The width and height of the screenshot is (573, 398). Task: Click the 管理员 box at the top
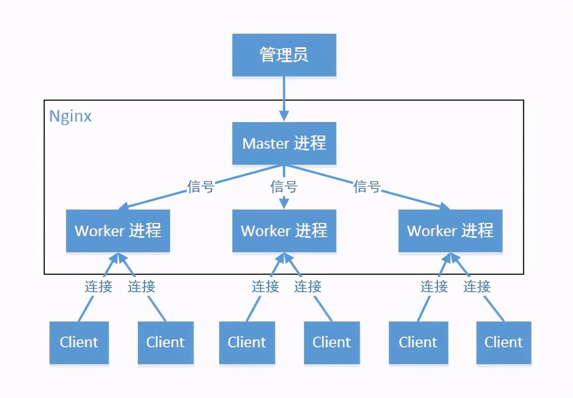tap(284, 55)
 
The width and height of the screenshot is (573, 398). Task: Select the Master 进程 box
tap(284, 143)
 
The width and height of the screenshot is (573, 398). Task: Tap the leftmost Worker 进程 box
tap(118, 230)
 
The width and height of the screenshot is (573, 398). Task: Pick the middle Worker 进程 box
tap(284, 230)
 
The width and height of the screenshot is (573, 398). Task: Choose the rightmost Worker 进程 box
tap(450, 230)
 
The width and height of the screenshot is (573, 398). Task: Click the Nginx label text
tap(70, 116)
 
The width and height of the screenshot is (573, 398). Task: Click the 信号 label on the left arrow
tap(200, 187)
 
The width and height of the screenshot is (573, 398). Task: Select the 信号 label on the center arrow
tap(284, 187)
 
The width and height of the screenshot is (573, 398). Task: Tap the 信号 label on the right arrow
tap(367, 187)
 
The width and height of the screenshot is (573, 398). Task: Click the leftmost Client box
tap(79, 342)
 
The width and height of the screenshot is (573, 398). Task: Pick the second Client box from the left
tap(165, 342)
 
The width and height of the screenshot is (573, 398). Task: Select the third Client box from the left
tap(247, 342)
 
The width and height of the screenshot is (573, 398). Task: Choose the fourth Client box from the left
tap(332, 342)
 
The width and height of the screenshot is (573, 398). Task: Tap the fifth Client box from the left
tap(418, 342)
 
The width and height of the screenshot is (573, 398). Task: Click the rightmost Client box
tap(503, 342)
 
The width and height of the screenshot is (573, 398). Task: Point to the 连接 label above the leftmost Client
tap(98, 286)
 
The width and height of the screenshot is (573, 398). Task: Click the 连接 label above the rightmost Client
tap(477, 286)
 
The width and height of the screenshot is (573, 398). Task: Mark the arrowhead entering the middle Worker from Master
tap(284, 203)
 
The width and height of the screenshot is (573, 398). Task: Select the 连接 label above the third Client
tap(265, 286)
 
